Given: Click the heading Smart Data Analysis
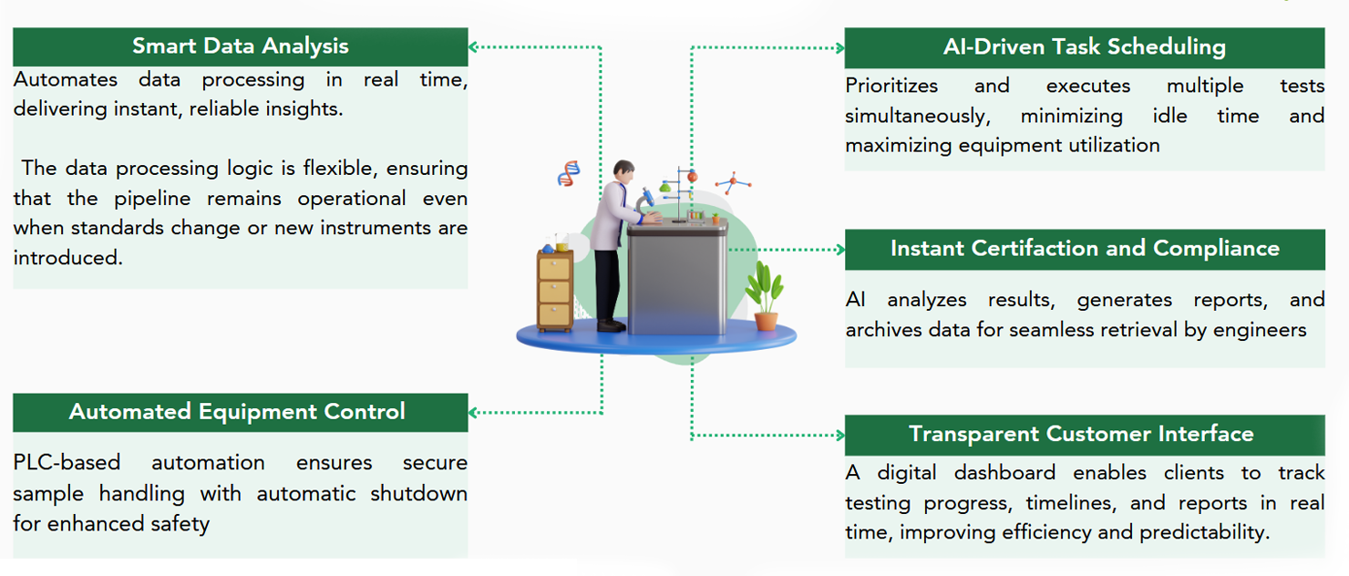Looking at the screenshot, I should (240, 46).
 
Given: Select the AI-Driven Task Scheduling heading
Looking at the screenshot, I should (1084, 47).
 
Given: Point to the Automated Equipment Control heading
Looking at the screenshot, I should (237, 412).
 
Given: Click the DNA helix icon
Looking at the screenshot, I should (569, 172).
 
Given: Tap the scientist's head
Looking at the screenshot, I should (623, 170).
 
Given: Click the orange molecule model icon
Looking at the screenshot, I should (732, 182).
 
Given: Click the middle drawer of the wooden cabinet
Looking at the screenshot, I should (554, 291).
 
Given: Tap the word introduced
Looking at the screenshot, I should (67, 258).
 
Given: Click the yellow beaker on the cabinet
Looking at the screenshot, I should (562, 246).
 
